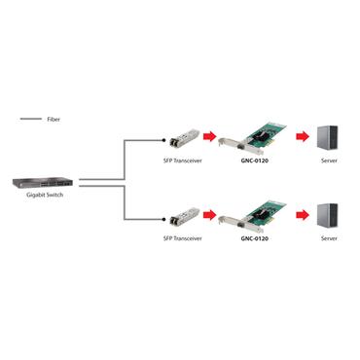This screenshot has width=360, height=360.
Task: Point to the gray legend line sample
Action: tap(29, 118)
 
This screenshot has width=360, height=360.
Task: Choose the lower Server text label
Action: tap(328, 235)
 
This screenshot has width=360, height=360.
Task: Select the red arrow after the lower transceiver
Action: tap(207, 214)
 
